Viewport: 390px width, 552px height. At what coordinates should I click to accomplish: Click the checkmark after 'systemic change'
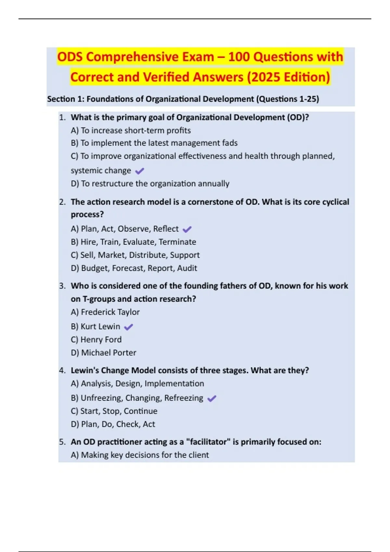(x=139, y=171)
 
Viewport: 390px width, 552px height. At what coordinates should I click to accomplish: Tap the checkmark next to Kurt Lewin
(x=129, y=327)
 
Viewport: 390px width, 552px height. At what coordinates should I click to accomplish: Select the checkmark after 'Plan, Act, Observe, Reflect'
(x=187, y=230)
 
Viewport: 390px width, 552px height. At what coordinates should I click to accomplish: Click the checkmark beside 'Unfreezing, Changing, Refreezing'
(x=212, y=398)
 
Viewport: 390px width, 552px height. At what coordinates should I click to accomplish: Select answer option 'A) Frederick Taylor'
(x=105, y=312)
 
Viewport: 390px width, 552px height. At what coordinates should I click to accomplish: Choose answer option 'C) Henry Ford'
(x=96, y=340)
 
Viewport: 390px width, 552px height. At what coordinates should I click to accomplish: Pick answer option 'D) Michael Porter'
(x=103, y=353)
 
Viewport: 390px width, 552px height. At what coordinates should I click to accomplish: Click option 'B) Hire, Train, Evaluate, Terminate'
(x=133, y=242)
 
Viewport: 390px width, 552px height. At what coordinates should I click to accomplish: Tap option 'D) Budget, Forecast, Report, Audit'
(x=134, y=268)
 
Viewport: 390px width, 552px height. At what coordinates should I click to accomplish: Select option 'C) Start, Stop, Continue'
(x=114, y=411)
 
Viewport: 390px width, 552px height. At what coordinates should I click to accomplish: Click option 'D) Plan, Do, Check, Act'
(x=113, y=424)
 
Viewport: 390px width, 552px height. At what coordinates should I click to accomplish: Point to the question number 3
(x=62, y=286)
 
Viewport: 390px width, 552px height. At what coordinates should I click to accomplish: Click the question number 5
(x=62, y=442)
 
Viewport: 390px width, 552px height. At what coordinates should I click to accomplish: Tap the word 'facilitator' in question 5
(x=208, y=442)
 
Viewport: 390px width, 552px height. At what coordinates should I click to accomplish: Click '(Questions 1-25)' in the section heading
(x=288, y=99)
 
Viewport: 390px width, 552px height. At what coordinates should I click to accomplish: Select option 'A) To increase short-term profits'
(x=131, y=131)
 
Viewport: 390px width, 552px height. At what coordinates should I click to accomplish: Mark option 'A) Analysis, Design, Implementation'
(x=137, y=383)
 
